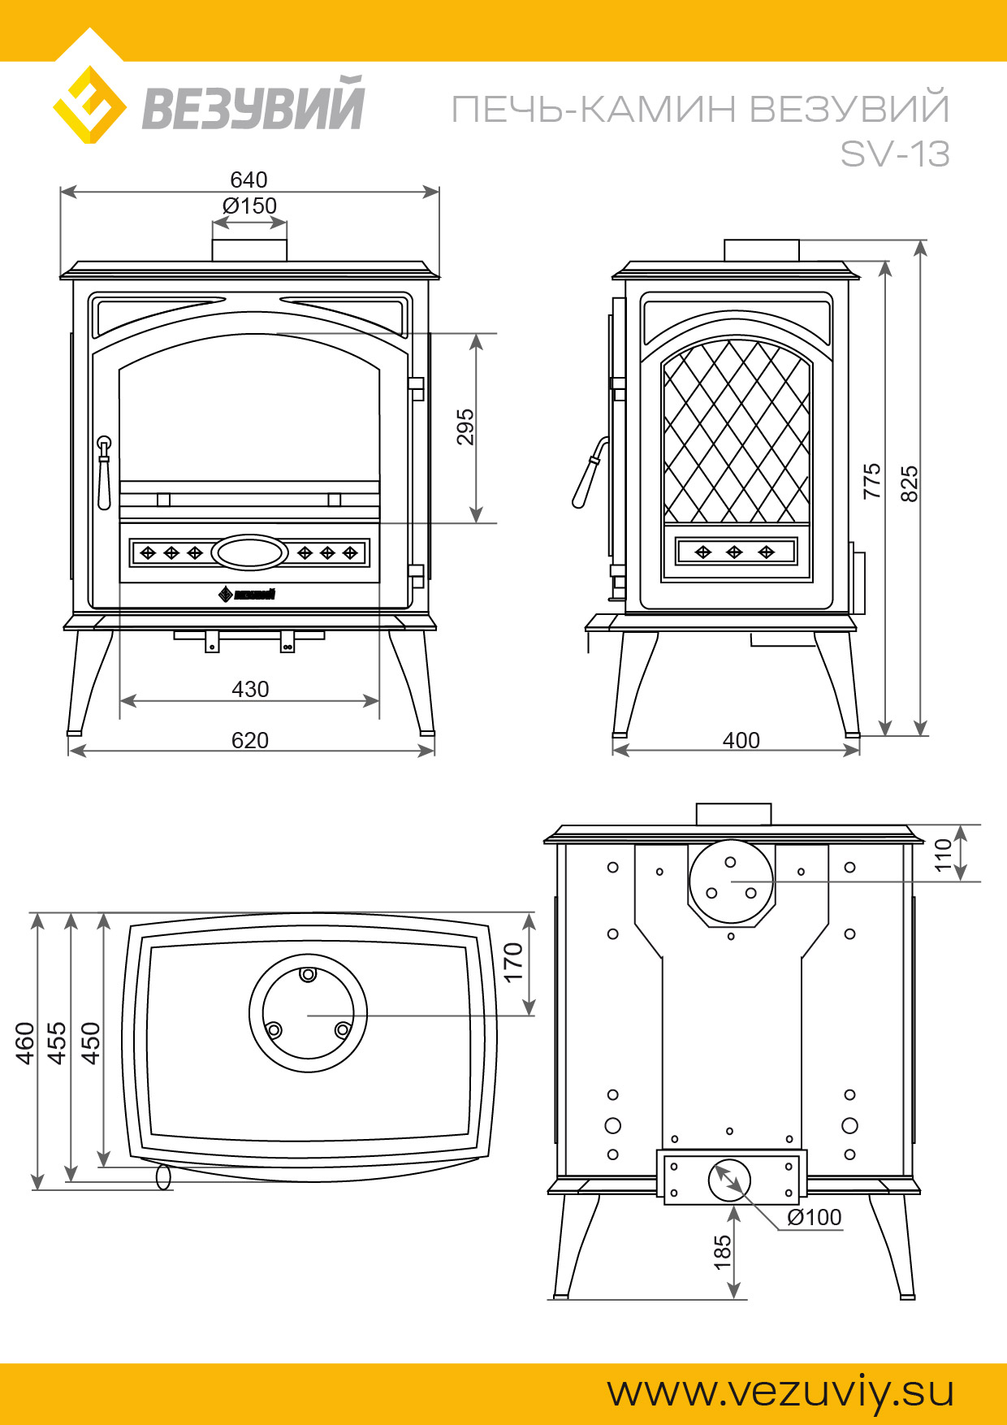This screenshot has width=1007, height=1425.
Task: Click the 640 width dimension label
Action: [249, 180]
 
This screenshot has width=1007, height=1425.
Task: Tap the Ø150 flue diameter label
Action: [249, 206]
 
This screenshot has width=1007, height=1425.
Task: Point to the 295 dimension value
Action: [465, 427]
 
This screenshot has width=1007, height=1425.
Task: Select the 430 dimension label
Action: [250, 689]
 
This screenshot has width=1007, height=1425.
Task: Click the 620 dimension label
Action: [250, 740]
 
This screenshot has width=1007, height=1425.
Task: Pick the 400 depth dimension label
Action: [741, 740]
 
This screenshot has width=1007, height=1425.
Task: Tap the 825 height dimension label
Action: [910, 483]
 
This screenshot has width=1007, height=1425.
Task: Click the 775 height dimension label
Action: [872, 481]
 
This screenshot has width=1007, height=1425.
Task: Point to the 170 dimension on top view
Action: [513, 962]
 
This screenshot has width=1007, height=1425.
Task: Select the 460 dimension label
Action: [25, 1043]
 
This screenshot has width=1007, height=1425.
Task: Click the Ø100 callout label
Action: [815, 1217]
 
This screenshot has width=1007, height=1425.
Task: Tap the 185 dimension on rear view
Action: [723, 1253]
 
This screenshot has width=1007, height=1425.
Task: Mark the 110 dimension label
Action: [943, 855]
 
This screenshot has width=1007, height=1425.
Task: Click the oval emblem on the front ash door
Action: [249, 553]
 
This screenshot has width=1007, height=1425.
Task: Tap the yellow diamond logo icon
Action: [90, 105]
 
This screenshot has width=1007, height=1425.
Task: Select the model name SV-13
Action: [895, 154]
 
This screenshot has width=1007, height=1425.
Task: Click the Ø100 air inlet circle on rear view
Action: [730, 1181]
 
